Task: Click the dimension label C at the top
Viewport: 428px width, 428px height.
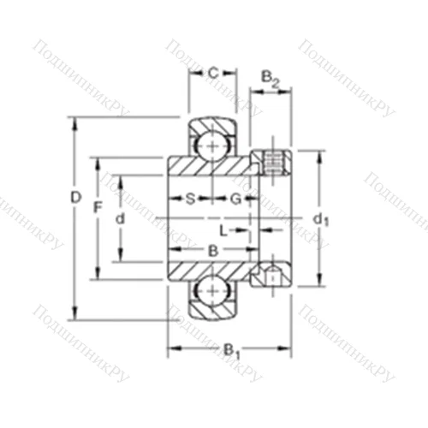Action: [212, 74]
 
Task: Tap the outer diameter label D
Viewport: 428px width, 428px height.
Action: [75, 198]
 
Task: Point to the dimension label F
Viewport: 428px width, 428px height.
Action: [98, 207]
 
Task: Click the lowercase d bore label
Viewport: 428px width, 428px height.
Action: [120, 218]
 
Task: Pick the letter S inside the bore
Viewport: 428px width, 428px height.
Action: [190, 199]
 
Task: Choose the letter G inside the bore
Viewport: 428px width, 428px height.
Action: [234, 199]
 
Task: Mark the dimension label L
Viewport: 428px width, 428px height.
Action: [222, 231]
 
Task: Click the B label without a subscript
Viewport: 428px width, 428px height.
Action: [212, 250]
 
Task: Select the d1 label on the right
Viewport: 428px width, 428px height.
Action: [321, 220]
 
